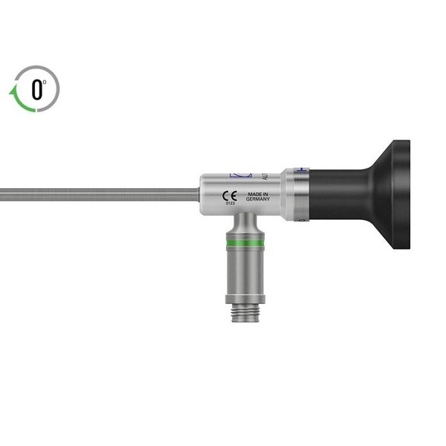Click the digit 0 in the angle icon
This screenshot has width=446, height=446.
point(36,90)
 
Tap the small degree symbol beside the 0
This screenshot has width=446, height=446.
point(45,83)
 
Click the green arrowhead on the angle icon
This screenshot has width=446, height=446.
point(13,92)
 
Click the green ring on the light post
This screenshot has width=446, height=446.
point(245,243)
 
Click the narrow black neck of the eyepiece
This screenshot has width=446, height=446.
point(338,195)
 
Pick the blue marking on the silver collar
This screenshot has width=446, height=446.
point(301,169)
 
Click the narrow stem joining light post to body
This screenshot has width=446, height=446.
point(245,222)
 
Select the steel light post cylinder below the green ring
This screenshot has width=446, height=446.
point(245,271)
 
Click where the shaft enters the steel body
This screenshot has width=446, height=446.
point(201,195)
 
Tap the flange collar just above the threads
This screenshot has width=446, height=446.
point(245,300)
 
